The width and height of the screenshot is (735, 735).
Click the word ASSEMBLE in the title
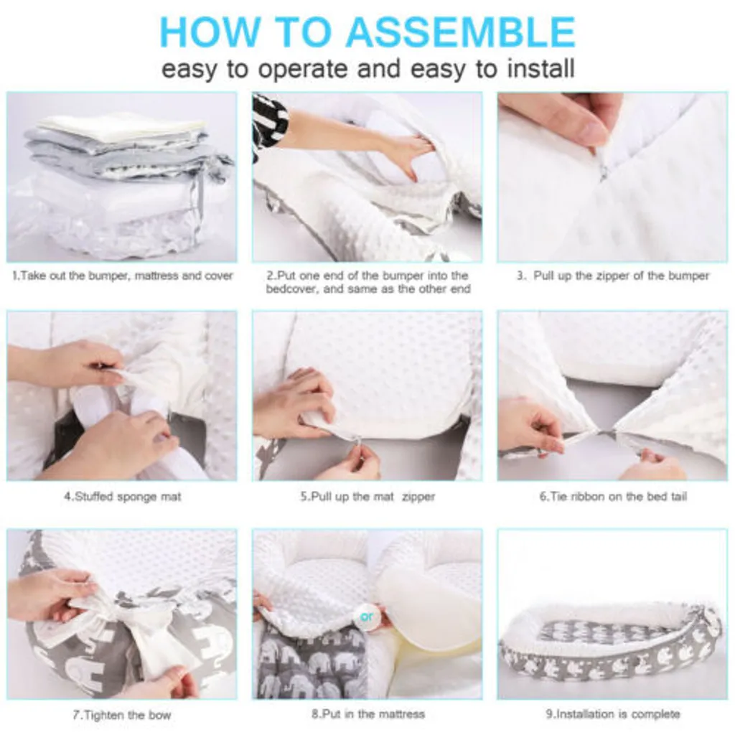pyautogui.click(x=462, y=32)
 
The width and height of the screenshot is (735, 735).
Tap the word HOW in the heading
pyautogui.click(x=209, y=32)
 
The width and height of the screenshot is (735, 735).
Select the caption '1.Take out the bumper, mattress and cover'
pyautogui.click(x=122, y=276)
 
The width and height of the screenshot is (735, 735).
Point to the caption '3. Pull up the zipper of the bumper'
pyautogui.click(x=613, y=276)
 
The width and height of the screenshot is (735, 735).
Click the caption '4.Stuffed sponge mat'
pyautogui.click(x=122, y=497)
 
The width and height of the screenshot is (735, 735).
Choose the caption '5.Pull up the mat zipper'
pyautogui.click(x=367, y=497)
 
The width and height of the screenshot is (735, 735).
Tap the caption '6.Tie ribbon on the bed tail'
pyautogui.click(x=613, y=496)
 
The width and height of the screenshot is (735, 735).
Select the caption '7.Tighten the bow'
pyautogui.click(x=122, y=716)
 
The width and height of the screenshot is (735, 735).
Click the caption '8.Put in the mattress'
pyautogui.click(x=368, y=714)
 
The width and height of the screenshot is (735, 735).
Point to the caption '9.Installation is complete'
pyautogui.click(x=613, y=714)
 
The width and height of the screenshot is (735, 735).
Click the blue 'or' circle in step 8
pyautogui.click(x=367, y=617)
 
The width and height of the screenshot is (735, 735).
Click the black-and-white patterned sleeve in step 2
pyautogui.click(x=270, y=123)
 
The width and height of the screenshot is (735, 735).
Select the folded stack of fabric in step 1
pyautogui.click(x=122, y=183)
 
